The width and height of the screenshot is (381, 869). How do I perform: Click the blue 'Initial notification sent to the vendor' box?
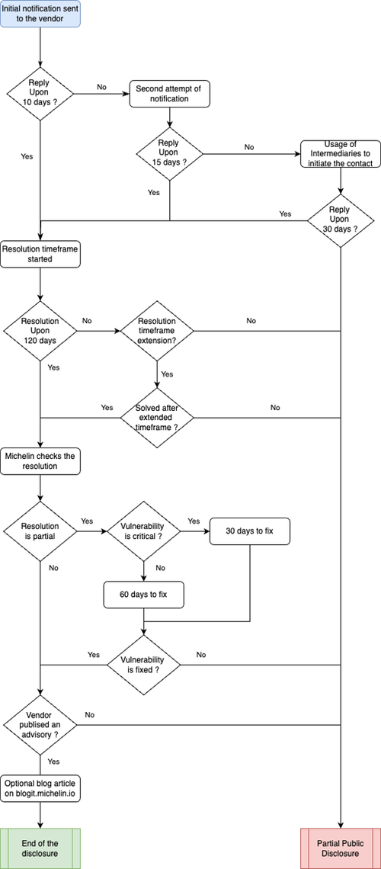[x=40, y=13]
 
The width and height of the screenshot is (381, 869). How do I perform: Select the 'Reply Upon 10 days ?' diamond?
[x=40, y=95]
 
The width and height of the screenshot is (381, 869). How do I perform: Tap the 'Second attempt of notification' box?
[x=170, y=95]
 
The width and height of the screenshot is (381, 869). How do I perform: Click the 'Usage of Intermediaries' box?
[x=341, y=153]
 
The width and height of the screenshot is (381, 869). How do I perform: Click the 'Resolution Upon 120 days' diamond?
[x=40, y=332]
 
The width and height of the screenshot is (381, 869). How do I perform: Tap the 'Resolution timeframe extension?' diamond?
[x=157, y=332]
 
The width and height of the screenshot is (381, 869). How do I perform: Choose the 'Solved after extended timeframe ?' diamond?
[x=157, y=417]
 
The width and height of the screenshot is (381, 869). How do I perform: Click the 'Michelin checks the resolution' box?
[x=40, y=462]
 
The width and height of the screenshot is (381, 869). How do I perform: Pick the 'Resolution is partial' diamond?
[x=40, y=531]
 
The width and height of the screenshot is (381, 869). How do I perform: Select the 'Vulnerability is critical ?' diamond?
[x=144, y=531]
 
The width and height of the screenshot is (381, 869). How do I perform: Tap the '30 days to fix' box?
[x=250, y=531]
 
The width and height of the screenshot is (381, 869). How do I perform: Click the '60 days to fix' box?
[x=144, y=595]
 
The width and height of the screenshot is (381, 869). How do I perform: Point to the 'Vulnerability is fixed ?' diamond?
[x=144, y=665]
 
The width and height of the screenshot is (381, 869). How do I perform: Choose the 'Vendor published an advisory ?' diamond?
[x=40, y=724]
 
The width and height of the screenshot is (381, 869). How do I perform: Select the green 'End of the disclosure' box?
[x=40, y=848]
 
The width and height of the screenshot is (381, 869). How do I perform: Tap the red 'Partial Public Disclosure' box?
[x=341, y=848]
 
